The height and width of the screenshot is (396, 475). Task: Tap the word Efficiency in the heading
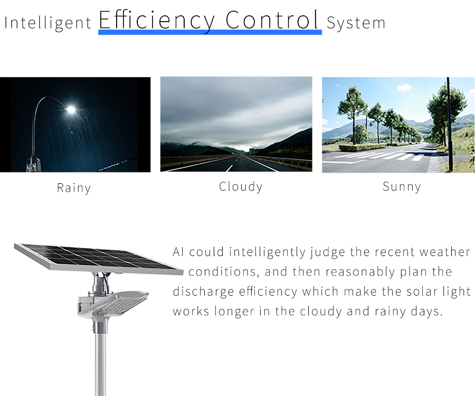[157, 20]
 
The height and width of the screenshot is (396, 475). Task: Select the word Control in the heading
[272, 20]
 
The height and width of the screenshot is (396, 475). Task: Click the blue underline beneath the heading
[210, 32]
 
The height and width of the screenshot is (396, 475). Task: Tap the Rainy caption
[73, 188]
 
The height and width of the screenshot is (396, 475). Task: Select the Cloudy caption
[241, 186]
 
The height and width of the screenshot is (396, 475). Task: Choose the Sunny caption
[402, 186]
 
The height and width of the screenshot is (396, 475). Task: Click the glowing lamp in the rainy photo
[71, 109]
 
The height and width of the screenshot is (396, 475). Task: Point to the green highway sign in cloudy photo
[252, 151]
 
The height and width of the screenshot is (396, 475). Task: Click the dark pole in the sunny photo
[450, 124]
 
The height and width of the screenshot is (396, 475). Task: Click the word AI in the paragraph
[178, 252]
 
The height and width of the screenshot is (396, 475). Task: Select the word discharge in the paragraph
[203, 292]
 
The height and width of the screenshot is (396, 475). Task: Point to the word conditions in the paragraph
[223, 272]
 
